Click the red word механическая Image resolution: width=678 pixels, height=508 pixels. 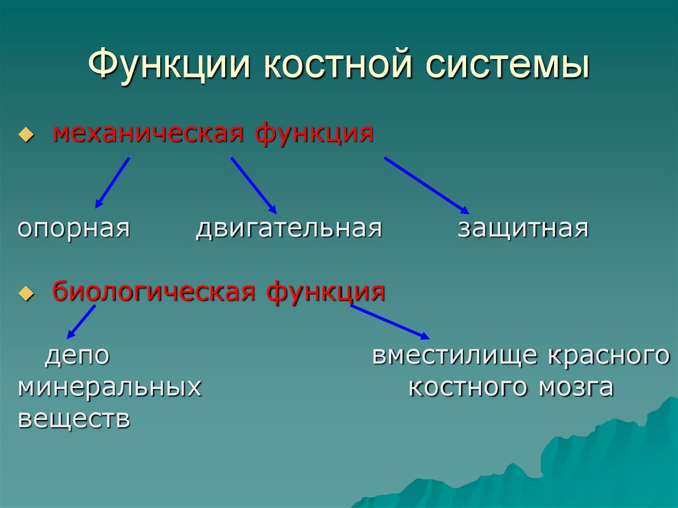(150, 134)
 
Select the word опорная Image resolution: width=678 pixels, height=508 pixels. (73, 229)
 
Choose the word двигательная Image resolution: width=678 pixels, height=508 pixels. (289, 229)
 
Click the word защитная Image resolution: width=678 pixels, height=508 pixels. (522, 229)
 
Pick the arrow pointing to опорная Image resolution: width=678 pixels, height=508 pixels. (112, 182)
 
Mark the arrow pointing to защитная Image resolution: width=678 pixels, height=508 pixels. (427, 185)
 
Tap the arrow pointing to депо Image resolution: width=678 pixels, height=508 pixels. (81, 321)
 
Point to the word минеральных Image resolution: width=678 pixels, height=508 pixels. (109, 387)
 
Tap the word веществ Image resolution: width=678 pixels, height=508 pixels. (73, 419)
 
